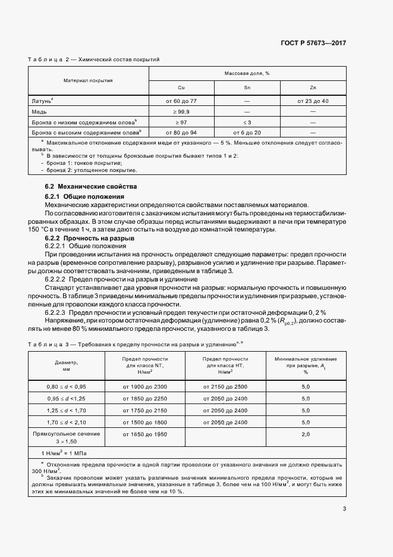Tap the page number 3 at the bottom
click(344, 508)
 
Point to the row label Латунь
click(42, 101)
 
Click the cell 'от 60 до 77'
click(181, 101)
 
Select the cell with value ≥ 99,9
click(181, 111)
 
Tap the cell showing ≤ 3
click(247, 121)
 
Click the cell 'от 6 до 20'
click(247, 132)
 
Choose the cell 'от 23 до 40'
click(313, 101)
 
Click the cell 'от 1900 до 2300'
click(144, 386)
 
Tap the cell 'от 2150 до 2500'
click(225, 386)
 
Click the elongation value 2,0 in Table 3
click(306, 435)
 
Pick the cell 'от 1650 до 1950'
click(144, 435)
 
